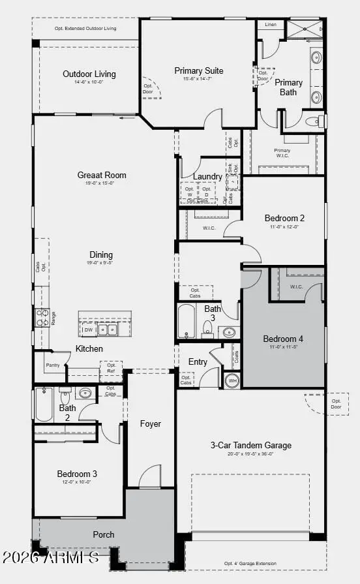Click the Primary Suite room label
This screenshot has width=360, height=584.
199,70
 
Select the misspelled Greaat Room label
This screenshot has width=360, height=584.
102,175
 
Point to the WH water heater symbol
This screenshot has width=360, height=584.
232,380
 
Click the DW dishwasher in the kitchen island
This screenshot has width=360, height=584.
89,330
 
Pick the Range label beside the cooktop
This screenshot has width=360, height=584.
53,318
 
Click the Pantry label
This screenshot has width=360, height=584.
53,365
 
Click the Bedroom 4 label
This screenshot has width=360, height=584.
283,339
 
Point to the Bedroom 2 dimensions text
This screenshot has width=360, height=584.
284,227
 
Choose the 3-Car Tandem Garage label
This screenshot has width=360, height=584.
250,446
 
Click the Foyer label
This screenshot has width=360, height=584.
151,424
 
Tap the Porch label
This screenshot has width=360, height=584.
103,534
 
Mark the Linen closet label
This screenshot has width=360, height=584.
270,25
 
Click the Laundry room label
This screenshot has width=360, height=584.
208,177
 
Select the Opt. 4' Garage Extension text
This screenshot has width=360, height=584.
250,563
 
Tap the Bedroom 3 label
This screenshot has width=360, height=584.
77,474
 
